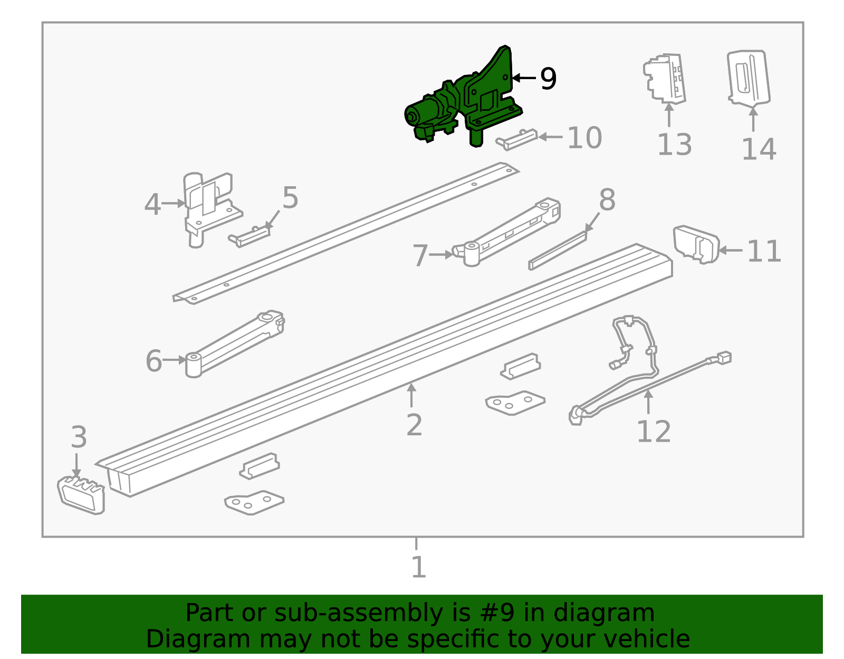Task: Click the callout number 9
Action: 548,79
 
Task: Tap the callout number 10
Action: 584,138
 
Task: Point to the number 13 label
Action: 674,145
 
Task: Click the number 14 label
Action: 759,149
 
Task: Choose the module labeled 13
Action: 665,78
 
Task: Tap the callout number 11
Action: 764,251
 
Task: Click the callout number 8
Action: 607,200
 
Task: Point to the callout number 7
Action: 420,255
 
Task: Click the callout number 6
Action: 154,361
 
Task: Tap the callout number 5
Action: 290,198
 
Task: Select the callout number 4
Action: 152,204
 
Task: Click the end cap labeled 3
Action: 81,494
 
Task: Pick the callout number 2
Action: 414,425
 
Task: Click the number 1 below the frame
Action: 418,567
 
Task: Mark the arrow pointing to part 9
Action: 523,78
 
